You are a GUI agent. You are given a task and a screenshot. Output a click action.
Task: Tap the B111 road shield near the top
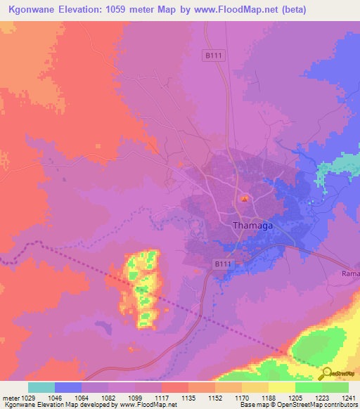(x=214, y=55)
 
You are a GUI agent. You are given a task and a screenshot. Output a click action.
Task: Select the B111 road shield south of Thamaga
(x=221, y=263)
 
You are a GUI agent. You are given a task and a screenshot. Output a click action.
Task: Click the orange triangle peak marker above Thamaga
(x=244, y=200)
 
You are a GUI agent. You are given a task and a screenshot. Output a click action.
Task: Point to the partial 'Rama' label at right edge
(x=350, y=273)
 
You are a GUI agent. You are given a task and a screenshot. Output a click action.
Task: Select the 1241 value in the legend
(x=349, y=398)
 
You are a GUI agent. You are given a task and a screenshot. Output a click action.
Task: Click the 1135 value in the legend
(x=188, y=398)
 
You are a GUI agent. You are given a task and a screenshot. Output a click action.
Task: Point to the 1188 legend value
(x=269, y=398)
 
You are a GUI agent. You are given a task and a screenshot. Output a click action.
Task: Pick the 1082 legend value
(x=108, y=398)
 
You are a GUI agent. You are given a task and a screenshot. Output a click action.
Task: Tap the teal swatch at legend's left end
(x=41, y=387)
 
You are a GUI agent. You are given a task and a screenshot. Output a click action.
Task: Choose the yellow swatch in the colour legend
(x=282, y=387)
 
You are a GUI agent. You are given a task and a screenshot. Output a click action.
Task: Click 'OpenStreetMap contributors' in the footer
(x=317, y=405)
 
